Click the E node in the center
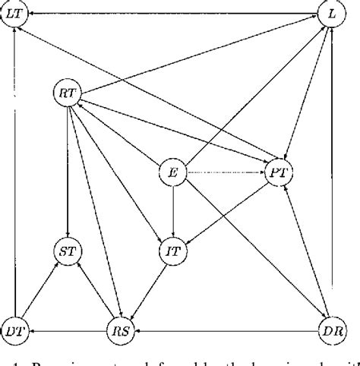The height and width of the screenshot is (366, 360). tap(172, 172)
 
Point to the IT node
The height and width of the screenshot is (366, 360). tap(173, 248)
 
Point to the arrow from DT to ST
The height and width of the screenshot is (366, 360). tap(39, 290)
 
